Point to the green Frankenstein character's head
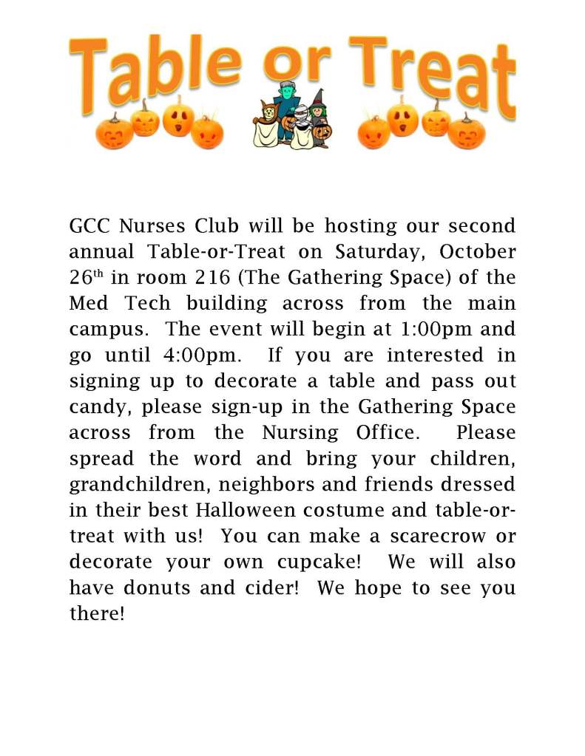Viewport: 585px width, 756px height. coord(284,92)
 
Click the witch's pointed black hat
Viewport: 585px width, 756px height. coord(318,98)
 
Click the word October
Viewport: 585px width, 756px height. coord(478,251)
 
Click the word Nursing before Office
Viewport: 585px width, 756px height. coord(300,432)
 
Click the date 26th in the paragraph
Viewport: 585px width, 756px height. coord(84,278)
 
